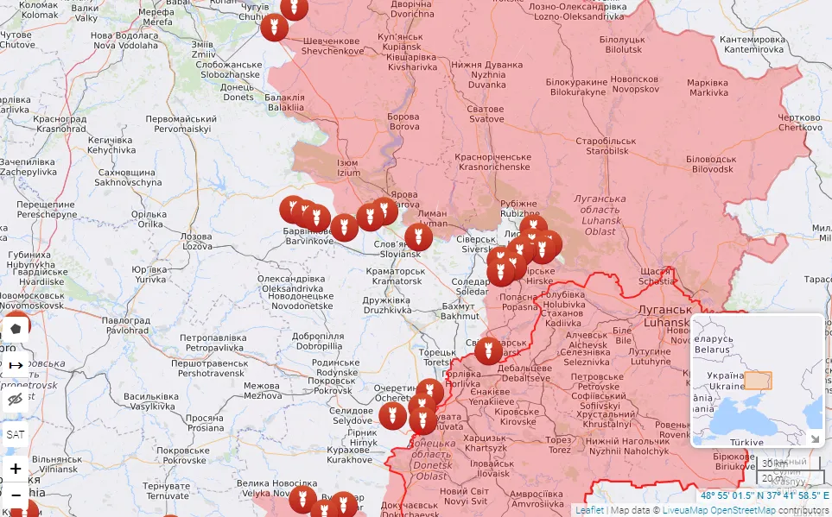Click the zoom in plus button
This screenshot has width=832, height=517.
(x=16, y=469)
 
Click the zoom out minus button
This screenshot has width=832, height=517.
(x=16, y=495)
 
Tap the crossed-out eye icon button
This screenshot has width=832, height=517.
(x=16, y=399)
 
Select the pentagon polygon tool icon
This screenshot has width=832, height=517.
(x=16, y=329)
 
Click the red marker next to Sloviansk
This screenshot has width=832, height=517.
(x=418, y=236)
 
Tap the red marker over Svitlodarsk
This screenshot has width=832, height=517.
(x=488, y=350)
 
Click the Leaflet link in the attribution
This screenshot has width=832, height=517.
(x=589, y=510)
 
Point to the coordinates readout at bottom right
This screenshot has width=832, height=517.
(x=764, y=495)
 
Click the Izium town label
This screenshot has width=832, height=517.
(x=348, y=167)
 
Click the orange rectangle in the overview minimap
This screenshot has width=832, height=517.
(x=758, y=380)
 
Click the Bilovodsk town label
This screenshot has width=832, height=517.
(x=710, y=165)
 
